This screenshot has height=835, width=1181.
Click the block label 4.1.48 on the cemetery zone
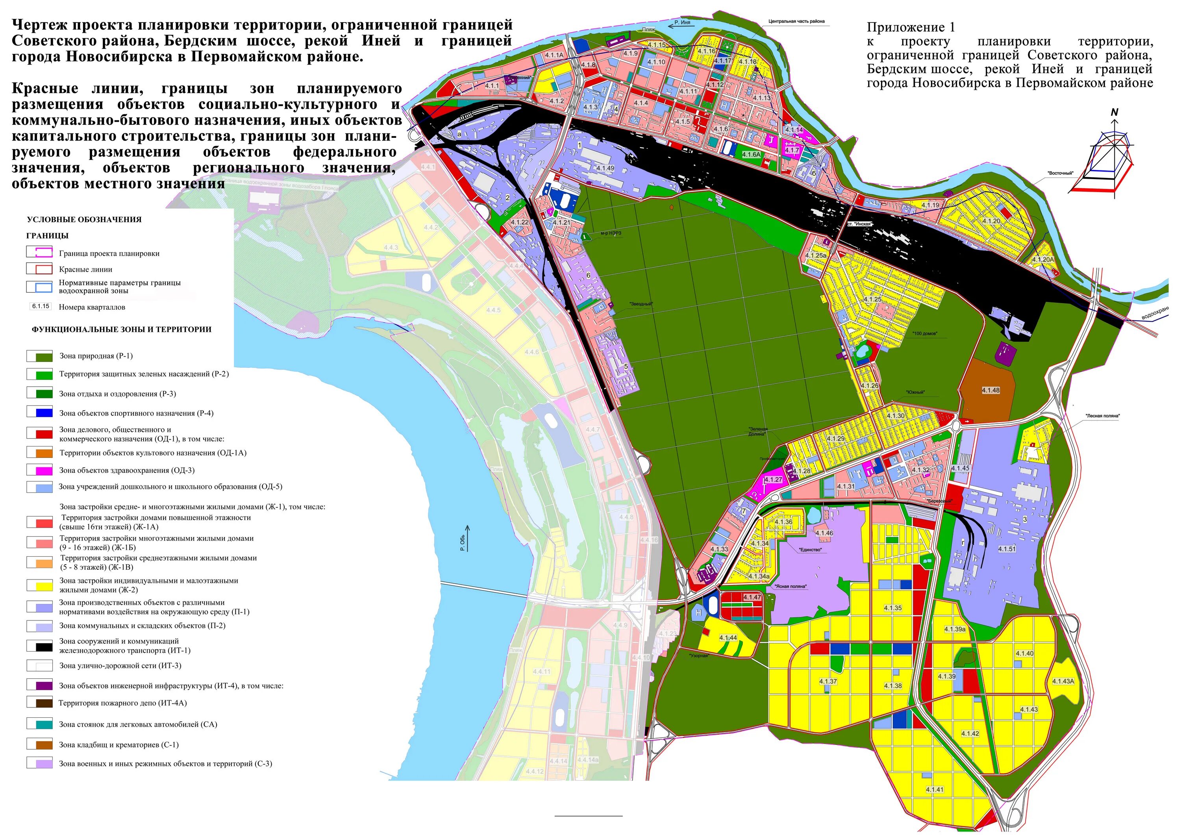pos(990,391)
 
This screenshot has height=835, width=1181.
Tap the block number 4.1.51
pos(1007,549)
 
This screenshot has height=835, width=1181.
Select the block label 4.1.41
pos(935,789)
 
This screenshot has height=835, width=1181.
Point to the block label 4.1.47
pos(752,597)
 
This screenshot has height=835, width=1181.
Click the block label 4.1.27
pos(773,480)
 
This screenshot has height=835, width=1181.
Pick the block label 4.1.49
pos(605,168)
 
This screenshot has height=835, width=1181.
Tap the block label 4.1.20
pos(991,221)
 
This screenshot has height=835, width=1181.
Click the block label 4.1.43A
pos(1063,681)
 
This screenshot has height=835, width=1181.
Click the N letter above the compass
pos(1114,112)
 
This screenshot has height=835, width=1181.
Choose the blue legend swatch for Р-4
pos(40,413)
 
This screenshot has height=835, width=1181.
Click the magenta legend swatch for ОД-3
pos(40,470)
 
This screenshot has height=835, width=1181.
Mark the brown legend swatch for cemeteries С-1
pos(40,744)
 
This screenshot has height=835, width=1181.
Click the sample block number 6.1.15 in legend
pos(41,306)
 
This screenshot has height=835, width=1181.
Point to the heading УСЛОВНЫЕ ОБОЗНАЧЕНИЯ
pos(84,220)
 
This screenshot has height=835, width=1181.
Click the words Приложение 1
pos(911,27)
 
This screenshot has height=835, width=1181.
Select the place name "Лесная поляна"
pos(1103,416)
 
